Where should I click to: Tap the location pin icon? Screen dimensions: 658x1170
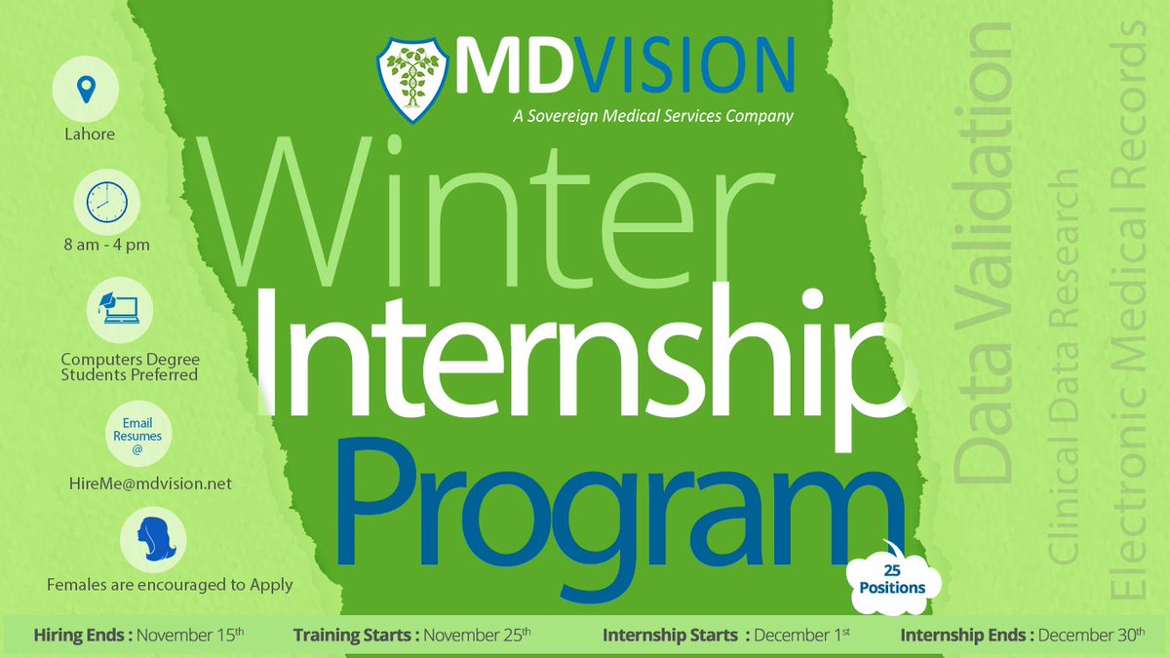click(x=86, y=90)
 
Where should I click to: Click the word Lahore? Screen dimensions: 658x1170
click(x=88, y=134)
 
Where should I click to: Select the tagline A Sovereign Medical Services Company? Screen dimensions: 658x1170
click(x=652, y=116)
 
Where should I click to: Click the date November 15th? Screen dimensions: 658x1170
click(x=190, y=636)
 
